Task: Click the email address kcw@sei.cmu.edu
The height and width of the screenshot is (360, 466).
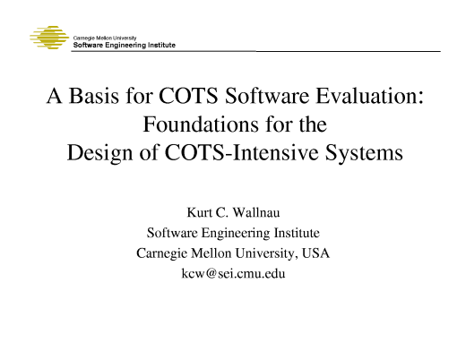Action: (x=233, y=272)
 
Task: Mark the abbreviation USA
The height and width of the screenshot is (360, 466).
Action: (x=316, y=253)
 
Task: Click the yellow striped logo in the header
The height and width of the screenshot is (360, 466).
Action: (x=48, y=39)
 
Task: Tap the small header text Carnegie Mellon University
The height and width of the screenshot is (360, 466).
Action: (x=103, y=37)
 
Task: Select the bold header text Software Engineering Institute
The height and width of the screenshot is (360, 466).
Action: (x=124, y=45)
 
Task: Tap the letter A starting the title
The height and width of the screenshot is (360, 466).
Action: (x=54, y=97)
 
